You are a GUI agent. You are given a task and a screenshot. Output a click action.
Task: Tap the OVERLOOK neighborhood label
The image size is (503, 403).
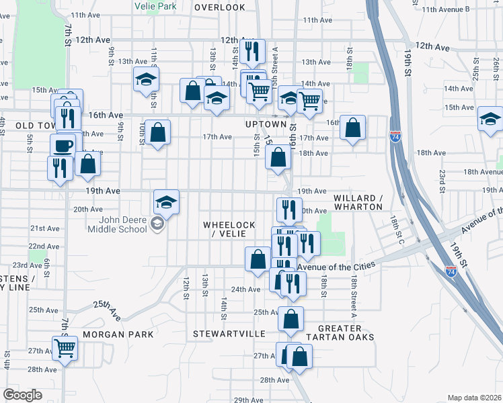coord(220,7)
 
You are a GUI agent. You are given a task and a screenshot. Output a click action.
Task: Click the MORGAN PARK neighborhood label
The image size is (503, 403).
coord(118,334)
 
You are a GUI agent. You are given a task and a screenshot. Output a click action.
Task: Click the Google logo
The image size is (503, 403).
coord(22,395)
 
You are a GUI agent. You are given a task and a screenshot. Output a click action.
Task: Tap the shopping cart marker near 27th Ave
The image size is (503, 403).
coord(65,348)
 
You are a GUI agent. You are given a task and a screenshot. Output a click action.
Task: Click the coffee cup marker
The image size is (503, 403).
coord(63,145)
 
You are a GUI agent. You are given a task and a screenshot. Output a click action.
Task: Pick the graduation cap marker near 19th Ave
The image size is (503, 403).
coord(166,201)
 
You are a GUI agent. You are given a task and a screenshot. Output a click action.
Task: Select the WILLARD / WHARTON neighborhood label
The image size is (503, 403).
coord(358,202)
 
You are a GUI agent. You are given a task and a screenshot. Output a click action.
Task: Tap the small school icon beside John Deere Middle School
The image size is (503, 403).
coord(157,224)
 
